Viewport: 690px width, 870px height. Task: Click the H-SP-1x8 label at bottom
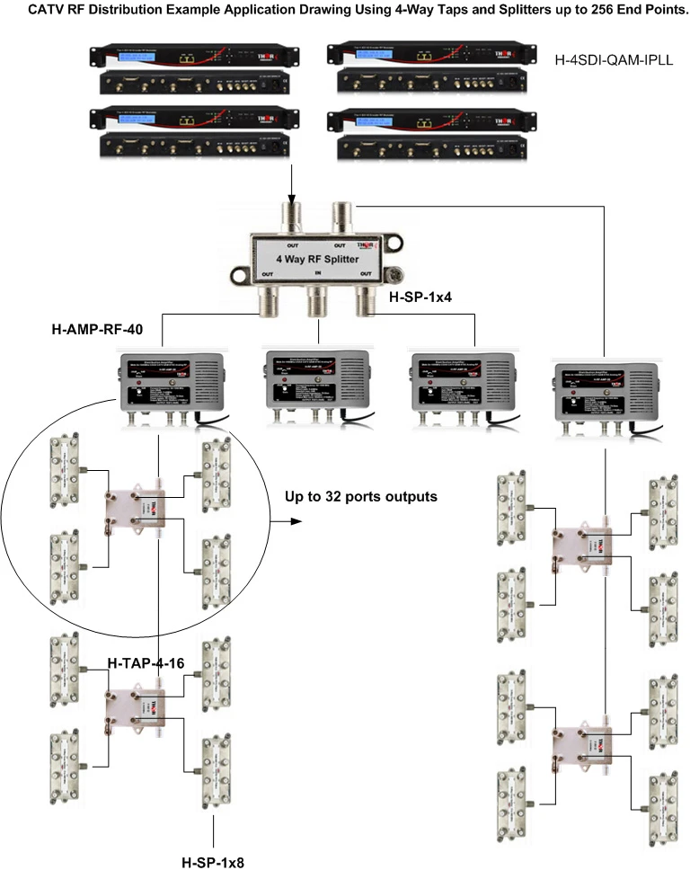tap(213, 861)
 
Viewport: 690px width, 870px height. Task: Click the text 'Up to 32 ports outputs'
tap(361, 494)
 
